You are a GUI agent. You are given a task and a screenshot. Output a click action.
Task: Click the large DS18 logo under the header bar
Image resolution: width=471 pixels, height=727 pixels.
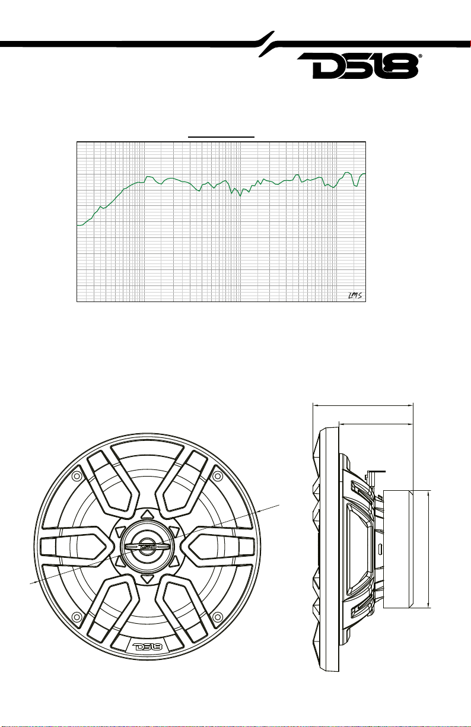click(x=358, y=66)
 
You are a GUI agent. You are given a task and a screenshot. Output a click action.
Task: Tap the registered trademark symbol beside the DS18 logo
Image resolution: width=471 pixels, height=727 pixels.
click(x=421, y=56)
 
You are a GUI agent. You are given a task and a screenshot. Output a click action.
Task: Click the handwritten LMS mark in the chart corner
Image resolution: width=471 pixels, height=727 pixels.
click(x=355, y=296)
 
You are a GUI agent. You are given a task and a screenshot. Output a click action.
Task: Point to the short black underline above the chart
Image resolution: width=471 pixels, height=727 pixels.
click(x=221, y=137)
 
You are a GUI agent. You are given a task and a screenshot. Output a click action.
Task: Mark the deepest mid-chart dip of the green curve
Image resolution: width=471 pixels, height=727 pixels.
click(x=240, y=196)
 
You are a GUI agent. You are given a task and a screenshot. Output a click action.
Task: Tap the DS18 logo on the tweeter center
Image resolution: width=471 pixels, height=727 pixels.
click(x=148, y=546)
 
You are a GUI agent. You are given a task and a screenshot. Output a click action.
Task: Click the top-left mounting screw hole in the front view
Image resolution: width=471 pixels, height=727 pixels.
click(x=77, y=476)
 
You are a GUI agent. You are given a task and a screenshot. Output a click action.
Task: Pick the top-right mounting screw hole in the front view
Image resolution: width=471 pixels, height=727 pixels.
click(x=218, y=476)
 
